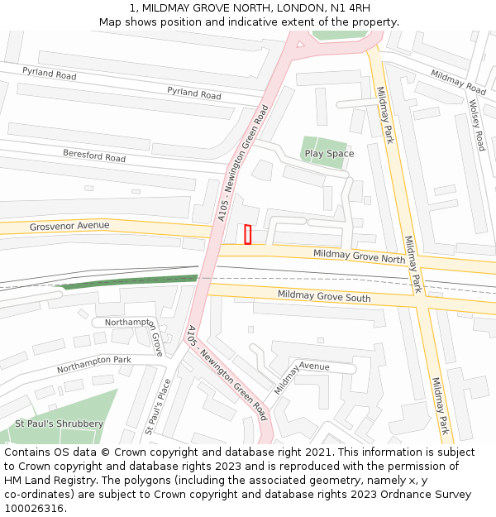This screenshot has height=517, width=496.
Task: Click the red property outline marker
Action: (248, 235)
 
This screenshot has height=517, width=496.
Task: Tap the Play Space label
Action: (329, 154)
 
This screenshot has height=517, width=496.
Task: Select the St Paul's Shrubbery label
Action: (59, 424)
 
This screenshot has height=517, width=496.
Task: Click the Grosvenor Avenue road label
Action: (69, 226)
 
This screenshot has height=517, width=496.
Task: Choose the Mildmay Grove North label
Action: (359, 256)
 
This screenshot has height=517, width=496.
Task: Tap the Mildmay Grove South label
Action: (324, 295)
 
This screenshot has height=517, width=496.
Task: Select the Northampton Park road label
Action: (93, 365)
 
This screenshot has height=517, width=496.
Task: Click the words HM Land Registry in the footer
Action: (45, 481)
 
